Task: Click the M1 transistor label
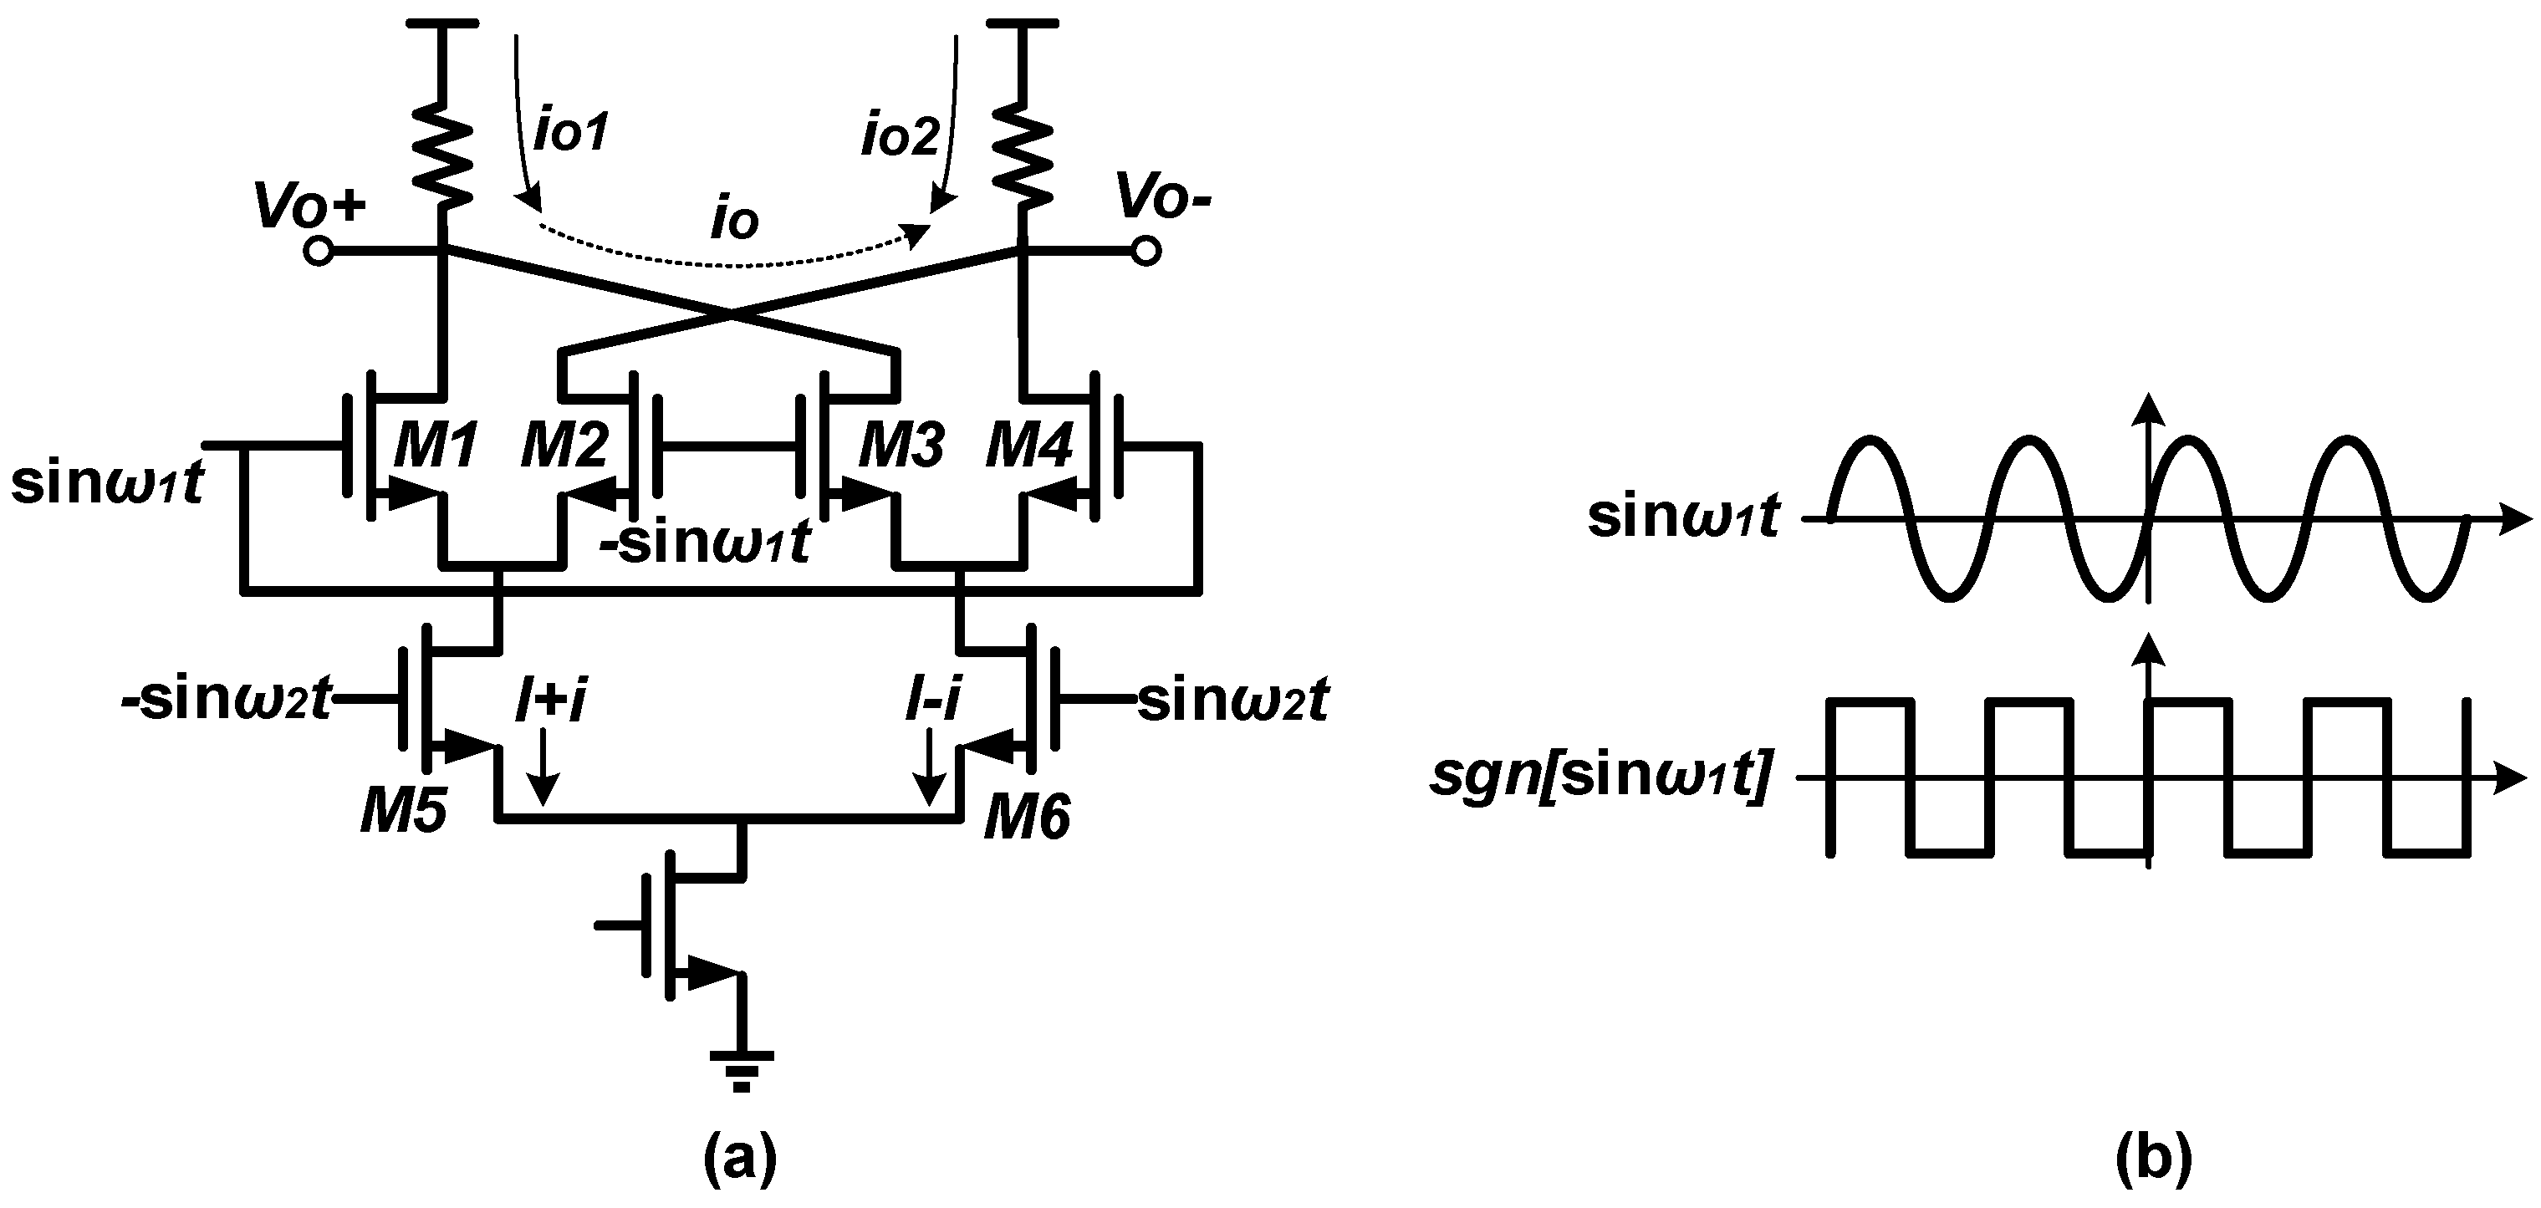436,445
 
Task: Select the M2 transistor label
565,445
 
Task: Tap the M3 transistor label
901,445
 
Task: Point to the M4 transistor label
1028,445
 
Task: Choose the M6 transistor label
1027,818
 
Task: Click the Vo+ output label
309,204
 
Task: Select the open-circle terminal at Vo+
318,252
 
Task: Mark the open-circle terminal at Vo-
1145,252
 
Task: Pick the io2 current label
900,136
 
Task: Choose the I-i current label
932,702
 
